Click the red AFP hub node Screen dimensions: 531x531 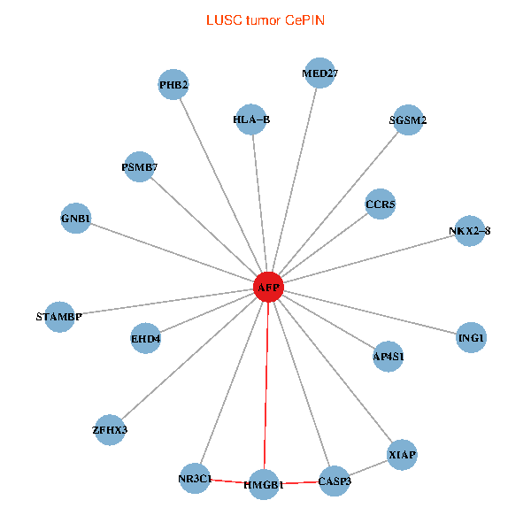268,288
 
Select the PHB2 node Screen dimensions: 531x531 173,85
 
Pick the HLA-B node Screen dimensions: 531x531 252,119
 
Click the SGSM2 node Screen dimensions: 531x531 408,120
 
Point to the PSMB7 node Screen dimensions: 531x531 140,166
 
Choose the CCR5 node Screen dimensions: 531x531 381,205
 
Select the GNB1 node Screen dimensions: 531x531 76,218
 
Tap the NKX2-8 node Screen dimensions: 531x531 469,231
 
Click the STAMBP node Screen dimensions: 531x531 58,316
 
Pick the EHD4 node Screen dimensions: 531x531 146,338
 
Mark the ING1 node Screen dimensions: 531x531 471,337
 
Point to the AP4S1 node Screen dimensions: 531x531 389,356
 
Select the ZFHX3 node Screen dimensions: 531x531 110,430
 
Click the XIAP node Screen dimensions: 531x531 402,455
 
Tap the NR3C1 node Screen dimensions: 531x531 195,479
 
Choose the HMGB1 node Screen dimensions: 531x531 264,485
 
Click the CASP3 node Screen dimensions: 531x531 335,481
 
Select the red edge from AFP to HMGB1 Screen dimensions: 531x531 266,389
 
